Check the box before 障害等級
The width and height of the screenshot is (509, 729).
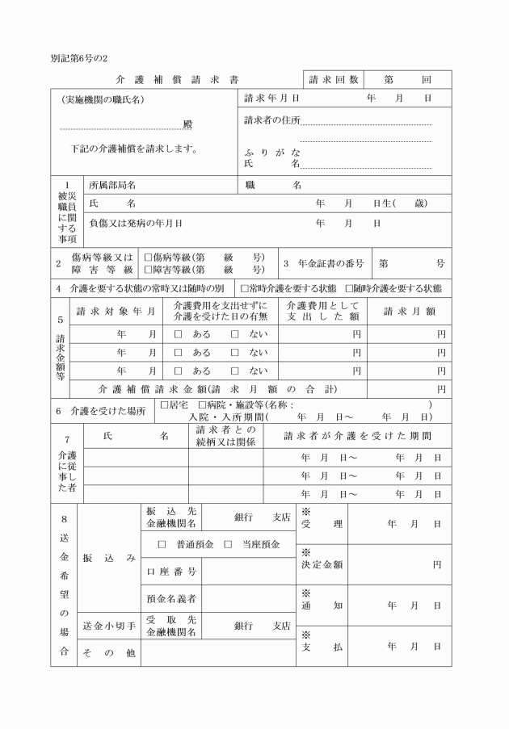(x=148, y=270)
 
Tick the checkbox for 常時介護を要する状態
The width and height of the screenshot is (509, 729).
(x=245, y=288)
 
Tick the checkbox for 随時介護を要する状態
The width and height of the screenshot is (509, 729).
(x=349, y=288)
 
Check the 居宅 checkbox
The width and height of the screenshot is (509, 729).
(x=164, y=404)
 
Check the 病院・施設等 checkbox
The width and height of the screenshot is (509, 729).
(x=202, y=404)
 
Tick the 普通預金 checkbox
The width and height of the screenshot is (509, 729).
(x=162, y=545)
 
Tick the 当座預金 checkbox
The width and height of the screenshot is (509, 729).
(x=228, y=545)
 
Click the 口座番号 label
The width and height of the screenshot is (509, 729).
(x=171, y=572)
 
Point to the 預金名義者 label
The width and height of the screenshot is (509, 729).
(x=171, y=598)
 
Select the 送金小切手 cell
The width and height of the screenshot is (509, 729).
(x=108, y=625)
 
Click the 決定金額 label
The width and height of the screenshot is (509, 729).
(x=322, y=564)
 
